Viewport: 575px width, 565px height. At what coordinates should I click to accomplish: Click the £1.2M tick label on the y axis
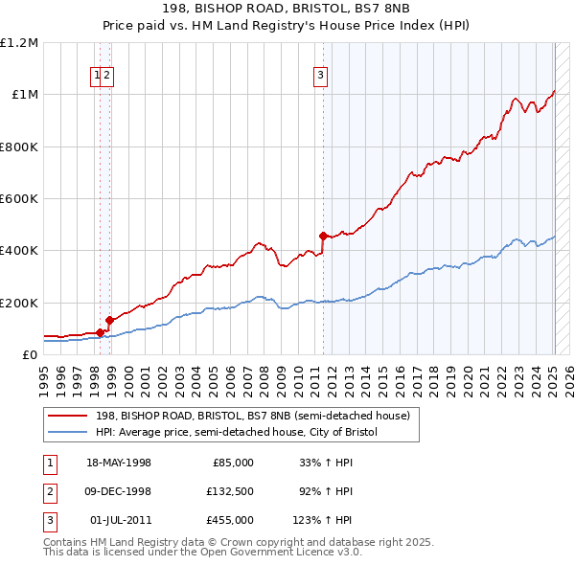[x=19, y=42]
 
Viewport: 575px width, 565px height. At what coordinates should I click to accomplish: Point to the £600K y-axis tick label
[x=19, y=198]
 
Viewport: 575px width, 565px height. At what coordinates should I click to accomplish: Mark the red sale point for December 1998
[x=109, y=320]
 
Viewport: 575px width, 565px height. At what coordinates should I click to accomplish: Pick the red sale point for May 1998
[x=100, y=332]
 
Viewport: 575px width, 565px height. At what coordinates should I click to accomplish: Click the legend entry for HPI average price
[x=237, y=432]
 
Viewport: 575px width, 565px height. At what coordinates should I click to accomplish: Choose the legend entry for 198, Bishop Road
[x=252, y=416]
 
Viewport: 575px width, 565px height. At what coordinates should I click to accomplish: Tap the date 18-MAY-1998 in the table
[x=119, y=462]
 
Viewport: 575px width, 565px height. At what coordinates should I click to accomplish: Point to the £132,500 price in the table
[x=230, y=490]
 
